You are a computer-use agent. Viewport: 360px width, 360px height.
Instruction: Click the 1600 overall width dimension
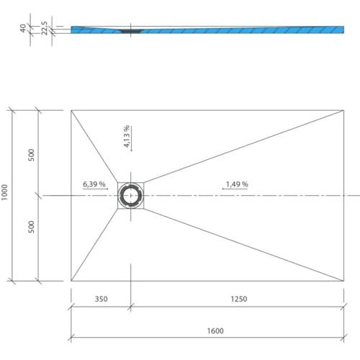(215, 331)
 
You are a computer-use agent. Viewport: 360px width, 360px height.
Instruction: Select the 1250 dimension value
(239, 299)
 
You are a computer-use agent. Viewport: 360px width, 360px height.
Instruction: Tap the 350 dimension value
(101, 299)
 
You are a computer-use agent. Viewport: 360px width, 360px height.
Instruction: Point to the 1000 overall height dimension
(4, 192)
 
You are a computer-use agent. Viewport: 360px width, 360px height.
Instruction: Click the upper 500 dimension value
(31, 155)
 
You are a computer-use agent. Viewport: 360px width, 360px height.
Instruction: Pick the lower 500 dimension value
(31, 227)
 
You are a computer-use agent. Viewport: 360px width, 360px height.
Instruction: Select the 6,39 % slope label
(94, 184)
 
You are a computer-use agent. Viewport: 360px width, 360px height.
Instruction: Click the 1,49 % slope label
(237, 184)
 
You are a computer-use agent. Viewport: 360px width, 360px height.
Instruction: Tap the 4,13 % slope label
(127, 136)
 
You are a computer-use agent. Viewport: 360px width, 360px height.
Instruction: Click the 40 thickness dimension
(23, 28)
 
